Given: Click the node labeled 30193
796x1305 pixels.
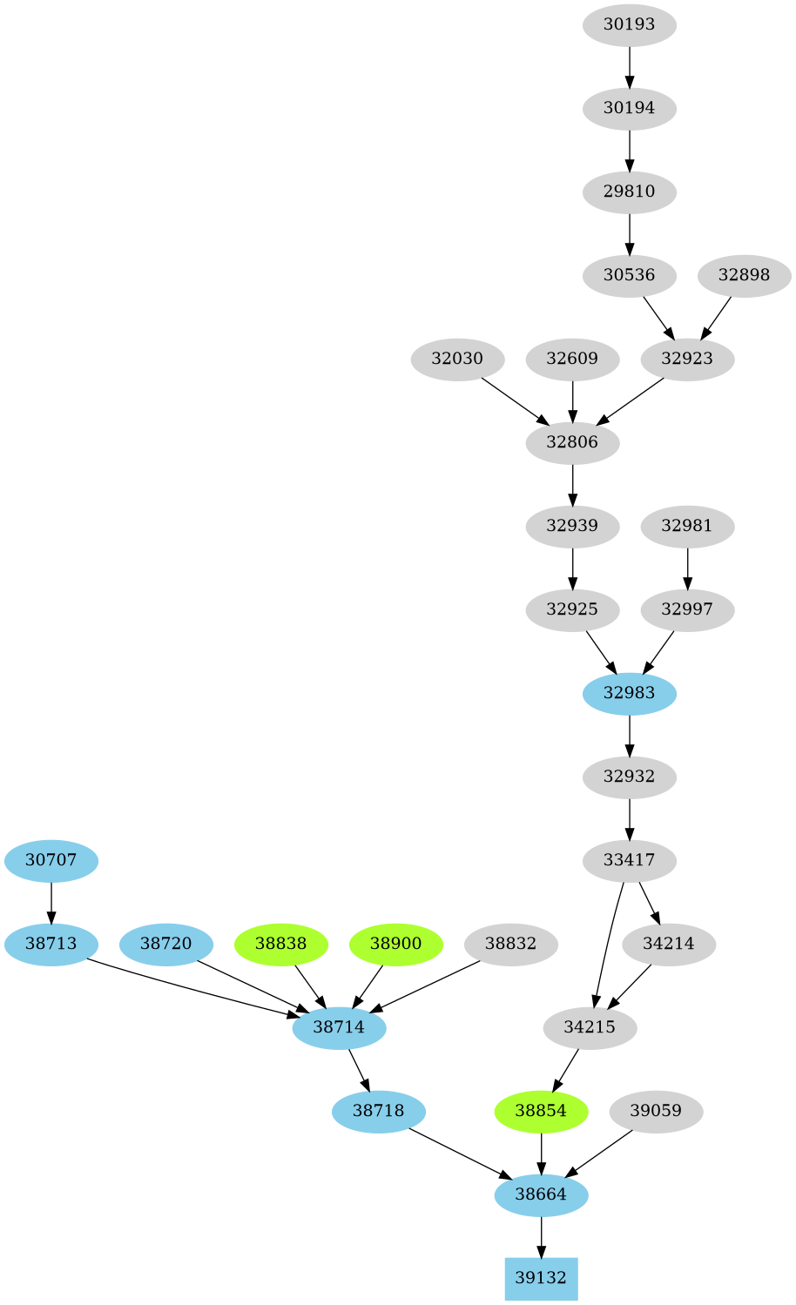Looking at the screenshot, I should click(629, 24).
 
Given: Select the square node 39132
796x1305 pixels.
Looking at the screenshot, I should click(541, 1278).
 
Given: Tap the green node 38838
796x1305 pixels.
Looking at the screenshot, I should click(280, 944).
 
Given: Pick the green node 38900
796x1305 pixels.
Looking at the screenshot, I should click(396, 944).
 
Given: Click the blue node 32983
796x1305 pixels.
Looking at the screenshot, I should click(629, 693).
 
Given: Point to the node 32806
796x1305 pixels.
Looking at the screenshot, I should click(572, 442).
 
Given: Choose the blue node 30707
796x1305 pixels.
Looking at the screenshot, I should click(51, 860).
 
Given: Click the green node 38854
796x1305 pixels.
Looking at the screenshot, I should click(541, 1111).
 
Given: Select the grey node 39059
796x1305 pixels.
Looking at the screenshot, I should click(656, 1111).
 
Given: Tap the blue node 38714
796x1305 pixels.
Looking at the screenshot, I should click(339, 1027).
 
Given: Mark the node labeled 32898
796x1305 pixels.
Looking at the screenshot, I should click(744, 275).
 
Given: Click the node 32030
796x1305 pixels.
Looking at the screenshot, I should click(457, 359).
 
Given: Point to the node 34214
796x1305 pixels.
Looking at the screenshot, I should click(669, 944).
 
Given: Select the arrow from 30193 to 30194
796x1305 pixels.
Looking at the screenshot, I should click(629, 66).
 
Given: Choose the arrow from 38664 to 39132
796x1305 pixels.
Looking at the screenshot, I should click(541, 1236).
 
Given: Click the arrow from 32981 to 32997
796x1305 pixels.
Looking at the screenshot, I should click(687, 568).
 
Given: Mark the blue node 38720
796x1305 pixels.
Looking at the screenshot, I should click(165, 944).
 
